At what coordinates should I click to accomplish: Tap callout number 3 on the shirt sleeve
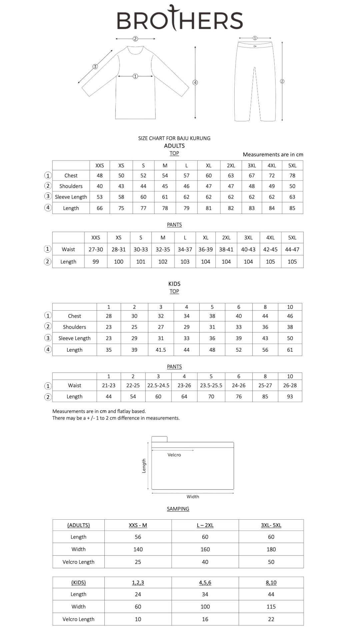(95, 67)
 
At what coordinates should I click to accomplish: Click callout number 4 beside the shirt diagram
(195, 82)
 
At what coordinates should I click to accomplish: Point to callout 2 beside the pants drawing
(282, 81)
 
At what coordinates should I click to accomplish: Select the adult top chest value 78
(292, 176)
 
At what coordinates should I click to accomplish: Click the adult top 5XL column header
(292, 166)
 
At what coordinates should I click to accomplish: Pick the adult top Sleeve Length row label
(71, 197)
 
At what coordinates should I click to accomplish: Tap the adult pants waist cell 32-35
(163, 249)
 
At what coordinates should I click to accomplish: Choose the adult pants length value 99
(96, 262)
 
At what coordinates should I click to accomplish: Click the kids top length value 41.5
(161, 350)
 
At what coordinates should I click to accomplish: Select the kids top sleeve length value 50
(290, 338)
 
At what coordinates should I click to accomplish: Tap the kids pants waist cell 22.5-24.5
(158, 386)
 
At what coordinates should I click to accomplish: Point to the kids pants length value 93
(290, 397)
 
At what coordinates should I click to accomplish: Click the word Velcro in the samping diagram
(174, 455)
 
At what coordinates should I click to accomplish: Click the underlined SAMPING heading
(178, 509)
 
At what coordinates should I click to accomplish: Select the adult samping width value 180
(271, 549)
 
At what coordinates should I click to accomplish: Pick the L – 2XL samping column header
(205, 525)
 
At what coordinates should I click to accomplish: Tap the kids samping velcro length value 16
(205, 619)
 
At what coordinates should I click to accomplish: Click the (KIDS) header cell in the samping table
(78, 583)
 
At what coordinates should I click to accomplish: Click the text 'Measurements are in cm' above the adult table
(273, 155)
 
